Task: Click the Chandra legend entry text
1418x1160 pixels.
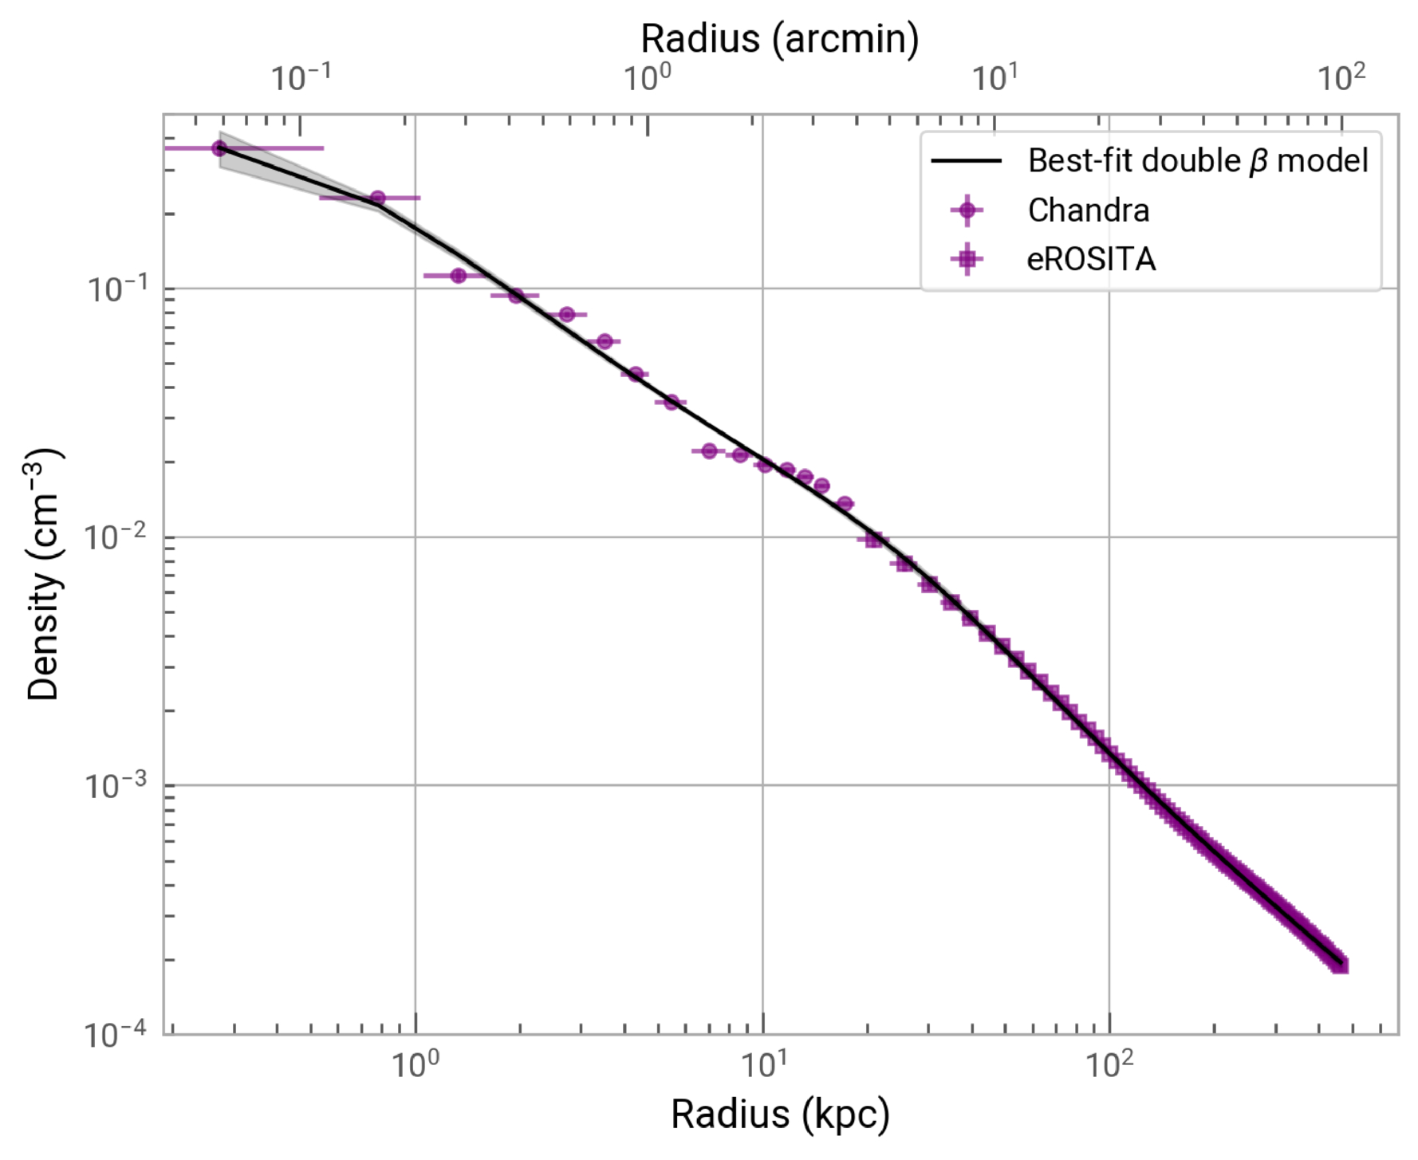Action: click(x=1088, y=210)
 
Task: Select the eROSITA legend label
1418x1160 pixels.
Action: click(x=1091, y=259)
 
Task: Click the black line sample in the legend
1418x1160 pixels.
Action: click(x=967, y=161)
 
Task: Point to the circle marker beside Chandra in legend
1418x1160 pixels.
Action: click(x=967, y=210)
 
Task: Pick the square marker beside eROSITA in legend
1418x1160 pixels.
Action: click(x=967, y=259)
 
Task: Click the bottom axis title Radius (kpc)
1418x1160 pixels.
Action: click(x=780, y=1114)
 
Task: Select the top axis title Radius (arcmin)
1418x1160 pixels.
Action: click(x=780, y=38)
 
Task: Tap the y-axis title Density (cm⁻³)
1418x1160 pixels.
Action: click(x=44, y=574)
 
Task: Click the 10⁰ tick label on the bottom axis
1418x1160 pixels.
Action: click(x=415, y=1064)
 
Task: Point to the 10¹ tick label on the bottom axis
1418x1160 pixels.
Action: click(x=762, y=1064)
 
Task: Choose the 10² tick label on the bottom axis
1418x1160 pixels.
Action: click(x=1109, y=1064)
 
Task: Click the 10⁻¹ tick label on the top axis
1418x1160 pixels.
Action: click(x=300, y=78)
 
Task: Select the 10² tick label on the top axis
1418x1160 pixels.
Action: click(x=1341, y=78)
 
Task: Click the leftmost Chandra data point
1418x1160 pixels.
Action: click(x=219, y=147)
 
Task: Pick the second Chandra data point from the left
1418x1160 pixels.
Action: click(x=378, y=198)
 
